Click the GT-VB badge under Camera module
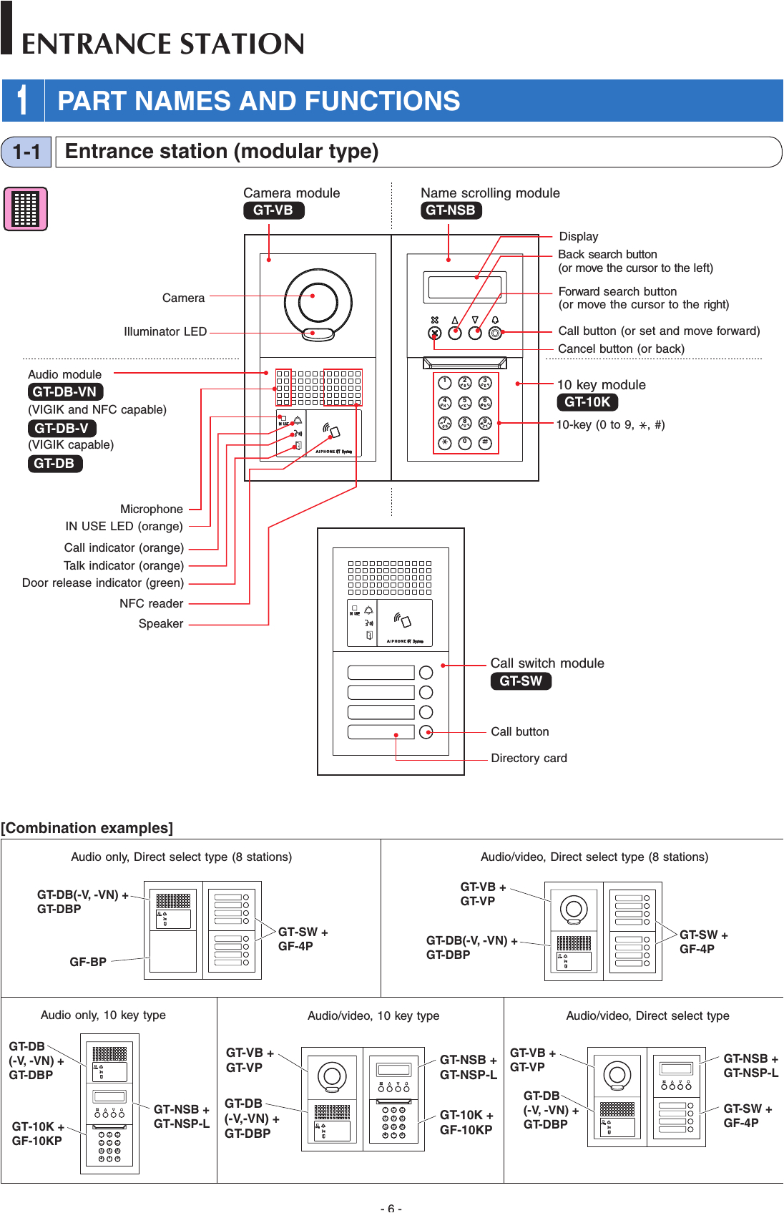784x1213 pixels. click(x=273, y=210)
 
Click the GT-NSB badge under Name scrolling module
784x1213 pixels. click(x=451, y=210)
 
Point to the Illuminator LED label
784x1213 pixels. click(x=165, y=332)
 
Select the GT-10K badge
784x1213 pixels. click(x=587, y=402)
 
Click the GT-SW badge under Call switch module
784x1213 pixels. click(x=521, y=681)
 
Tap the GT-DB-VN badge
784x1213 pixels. click(x=64, y=392)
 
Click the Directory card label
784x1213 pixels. click(x=529, y=759)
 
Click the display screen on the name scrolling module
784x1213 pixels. click(x=465, y=286)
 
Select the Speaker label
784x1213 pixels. click(x=161, y=624)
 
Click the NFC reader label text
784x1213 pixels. click(x=151, y=604)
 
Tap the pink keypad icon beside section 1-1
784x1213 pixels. click(x=26, y=209)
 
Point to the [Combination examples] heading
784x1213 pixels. click(x=87, y=828)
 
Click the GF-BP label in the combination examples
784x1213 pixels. click(x=88, y=963)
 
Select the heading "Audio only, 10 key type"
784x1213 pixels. click(x=103, y=1015)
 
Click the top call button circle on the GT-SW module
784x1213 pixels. click(x=426, y=673)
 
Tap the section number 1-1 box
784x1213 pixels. click(x=26, y=152)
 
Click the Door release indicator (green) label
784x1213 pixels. click(x=103, y=583)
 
